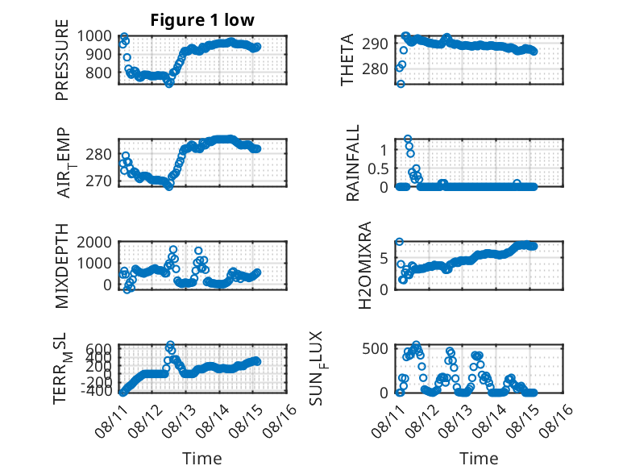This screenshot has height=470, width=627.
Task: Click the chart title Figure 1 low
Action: point(202,20)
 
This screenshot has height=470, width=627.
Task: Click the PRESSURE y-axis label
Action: point(62,60)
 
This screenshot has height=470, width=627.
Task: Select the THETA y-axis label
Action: point(347,60)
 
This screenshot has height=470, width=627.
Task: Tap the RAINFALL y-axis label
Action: point(353,163)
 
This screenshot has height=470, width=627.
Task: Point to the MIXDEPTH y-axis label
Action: point(62,266)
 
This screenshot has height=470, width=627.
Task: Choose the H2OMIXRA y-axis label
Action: point(365,265)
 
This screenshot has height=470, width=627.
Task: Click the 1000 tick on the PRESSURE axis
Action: point(94,36)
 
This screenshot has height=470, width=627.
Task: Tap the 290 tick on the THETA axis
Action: point(375,44)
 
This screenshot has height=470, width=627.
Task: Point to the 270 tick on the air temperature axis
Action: point(98,181)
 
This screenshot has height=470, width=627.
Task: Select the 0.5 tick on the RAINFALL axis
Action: point(378,168)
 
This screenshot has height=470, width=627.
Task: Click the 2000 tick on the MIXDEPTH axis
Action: point(94,242)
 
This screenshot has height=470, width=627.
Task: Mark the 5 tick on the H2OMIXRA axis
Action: point(384,259)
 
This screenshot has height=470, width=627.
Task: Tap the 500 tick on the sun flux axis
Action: point(375,348)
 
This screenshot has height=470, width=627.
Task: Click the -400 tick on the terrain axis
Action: point(97,391)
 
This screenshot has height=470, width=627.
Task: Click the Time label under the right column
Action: point(479,458)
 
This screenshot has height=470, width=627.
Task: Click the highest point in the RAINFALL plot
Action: point(408,139)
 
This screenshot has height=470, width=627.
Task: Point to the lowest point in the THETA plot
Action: point(401,84)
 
